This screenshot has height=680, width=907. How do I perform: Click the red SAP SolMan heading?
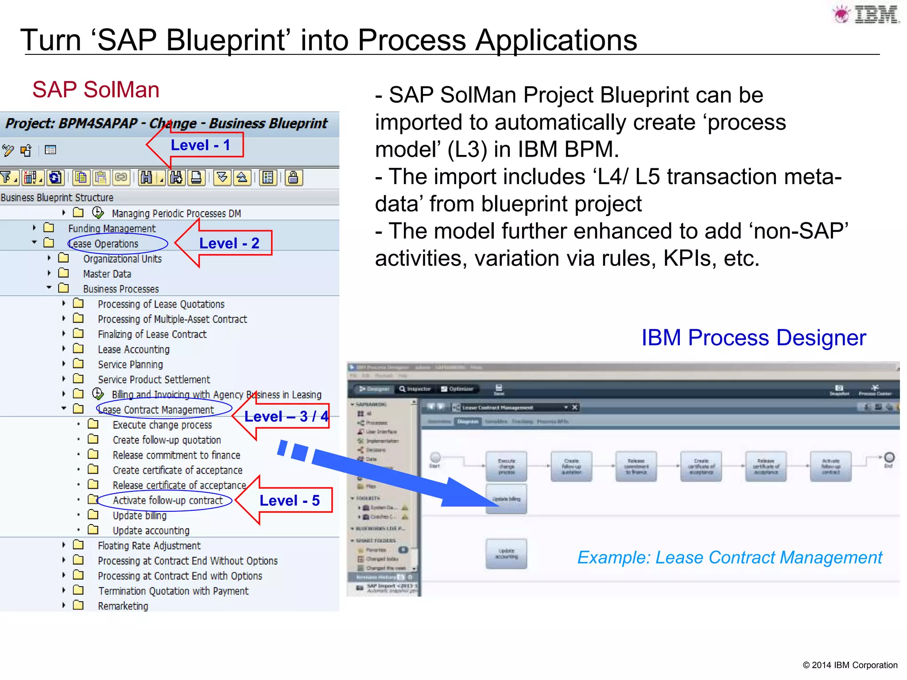(96, 90)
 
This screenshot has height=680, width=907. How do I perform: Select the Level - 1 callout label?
(201, 145)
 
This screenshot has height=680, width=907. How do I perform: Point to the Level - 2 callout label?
(229, 243)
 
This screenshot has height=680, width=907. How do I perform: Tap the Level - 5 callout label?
(290, 501)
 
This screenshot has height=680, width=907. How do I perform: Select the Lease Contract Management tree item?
(156, 410)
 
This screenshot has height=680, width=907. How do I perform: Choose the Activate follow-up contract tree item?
(167, 501)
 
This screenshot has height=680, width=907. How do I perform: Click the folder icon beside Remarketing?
(78, 605)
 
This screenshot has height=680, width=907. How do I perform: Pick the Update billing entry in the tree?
(140, 516)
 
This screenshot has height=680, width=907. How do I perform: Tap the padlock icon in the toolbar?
(293, 178)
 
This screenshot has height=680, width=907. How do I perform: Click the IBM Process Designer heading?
(753, 338)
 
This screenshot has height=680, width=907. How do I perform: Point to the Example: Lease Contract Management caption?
(729, 558)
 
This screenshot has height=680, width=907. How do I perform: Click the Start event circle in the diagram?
(435, 457)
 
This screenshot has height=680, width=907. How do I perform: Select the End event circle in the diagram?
(889, 457)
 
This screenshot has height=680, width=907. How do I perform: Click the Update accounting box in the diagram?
(506, 553)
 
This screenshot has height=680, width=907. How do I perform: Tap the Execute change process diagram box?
(506, 466)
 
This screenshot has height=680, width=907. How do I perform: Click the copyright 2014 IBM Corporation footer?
(849, 665)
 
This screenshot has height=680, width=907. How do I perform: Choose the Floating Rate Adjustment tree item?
(149, 546)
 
